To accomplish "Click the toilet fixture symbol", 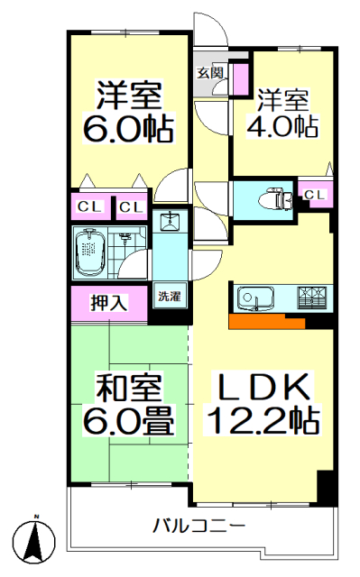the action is click(275, 199).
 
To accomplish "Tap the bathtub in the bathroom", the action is click(90, 253).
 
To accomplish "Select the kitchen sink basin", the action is click(256, 298).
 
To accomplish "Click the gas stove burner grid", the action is click(312, 298).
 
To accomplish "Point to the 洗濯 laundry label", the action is click(170, 296).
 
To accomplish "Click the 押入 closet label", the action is click(109, 303).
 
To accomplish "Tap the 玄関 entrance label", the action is click(210, 73).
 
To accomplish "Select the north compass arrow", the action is click(36, 537).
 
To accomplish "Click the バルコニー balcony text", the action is click(199, 526).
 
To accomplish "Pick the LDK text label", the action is click(263, 387).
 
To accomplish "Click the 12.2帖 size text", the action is click(263, 420).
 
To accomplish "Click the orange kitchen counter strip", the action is click(266, 321).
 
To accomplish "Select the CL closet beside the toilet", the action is click(316, 195).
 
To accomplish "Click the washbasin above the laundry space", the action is click(170, 221).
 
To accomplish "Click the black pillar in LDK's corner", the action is click(326, 488).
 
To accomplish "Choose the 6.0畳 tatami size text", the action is click(128, 421).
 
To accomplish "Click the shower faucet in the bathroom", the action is click(125, 238).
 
